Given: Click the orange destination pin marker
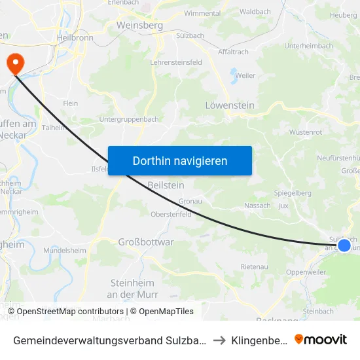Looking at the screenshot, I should [x=14, y=63].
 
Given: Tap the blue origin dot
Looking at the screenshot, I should [x=344, y=245].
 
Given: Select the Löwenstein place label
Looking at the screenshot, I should [x=230, y=105].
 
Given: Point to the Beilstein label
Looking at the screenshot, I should [x=166, y=185].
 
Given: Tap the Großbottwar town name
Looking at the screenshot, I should [x=146, y=242].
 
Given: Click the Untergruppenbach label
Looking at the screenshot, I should [x=128, y=119].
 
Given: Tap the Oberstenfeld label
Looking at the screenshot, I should [x=171, y=213].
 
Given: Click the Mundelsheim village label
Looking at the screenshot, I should [x=65, y=250].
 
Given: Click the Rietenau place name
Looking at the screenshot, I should [x=254, y=266].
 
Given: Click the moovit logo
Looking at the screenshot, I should [x=321, y=339].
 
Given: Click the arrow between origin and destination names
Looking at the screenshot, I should [x=219, y=340].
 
